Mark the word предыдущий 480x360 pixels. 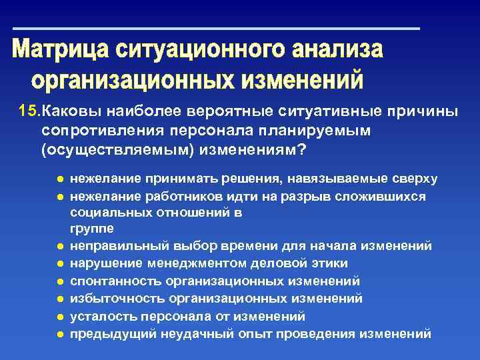click(107, 333)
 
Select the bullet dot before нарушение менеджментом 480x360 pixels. click(60, 263)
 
